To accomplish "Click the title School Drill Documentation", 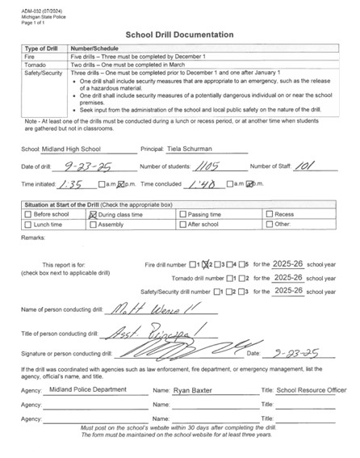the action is (180, 35).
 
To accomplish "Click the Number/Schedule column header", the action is (97, 48).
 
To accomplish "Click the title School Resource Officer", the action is (311, 389).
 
